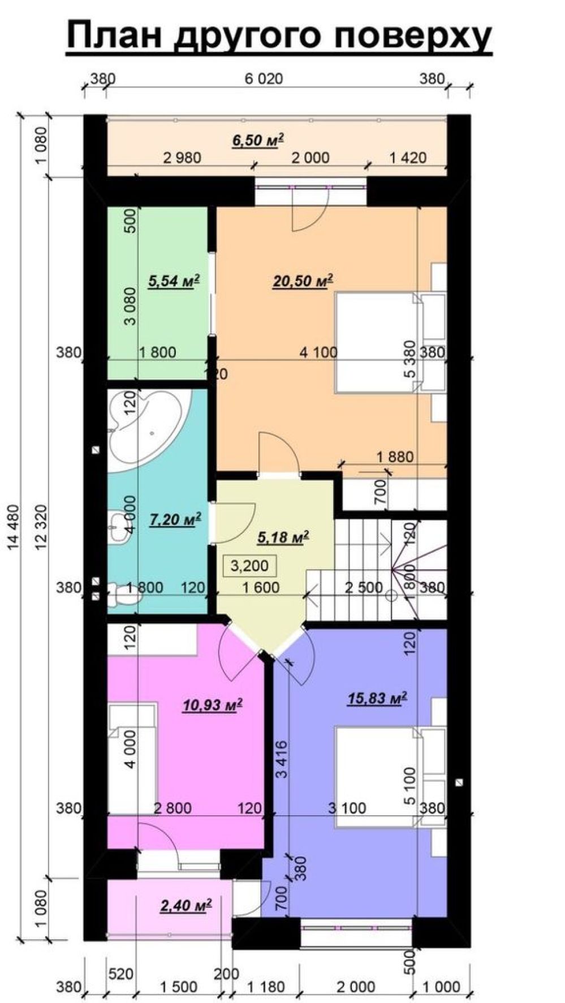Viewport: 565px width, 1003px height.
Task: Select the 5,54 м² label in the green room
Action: click(x=174, y=281)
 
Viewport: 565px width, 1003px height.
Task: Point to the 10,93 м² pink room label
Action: click(x=212, y=705)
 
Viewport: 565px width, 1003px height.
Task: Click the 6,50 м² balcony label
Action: click(x=257, y=140)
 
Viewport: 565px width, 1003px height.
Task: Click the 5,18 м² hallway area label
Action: click(x=283, y=537)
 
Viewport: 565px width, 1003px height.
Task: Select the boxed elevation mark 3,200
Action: click(x=249, y=565)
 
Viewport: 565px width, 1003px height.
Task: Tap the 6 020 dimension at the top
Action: click(x=264, y=79)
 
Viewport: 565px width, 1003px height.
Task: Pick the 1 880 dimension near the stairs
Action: click(x=395, y=456)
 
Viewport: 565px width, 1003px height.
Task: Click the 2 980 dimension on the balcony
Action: click(x=182, y=157)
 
